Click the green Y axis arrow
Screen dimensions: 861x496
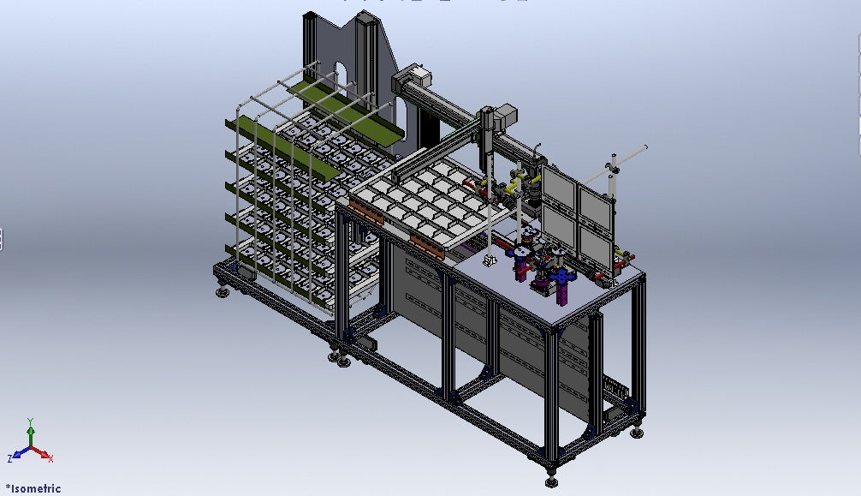[31, 431]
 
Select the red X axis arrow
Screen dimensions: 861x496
[42, 453]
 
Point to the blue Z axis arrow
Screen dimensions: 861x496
[20, 452]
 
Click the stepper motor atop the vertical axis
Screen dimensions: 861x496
[505, 116]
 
